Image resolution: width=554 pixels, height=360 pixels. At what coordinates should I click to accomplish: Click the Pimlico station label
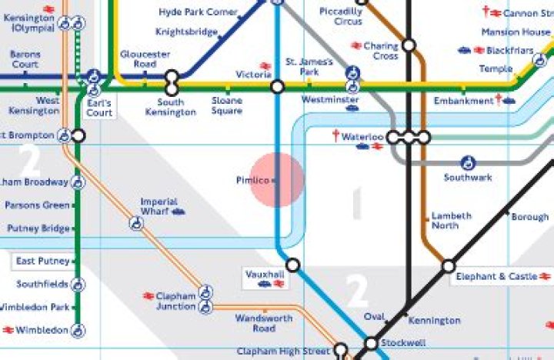252,181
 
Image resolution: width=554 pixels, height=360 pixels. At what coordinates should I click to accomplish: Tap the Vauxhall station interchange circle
292,265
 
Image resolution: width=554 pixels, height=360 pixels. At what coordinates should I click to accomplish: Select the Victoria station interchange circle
278,88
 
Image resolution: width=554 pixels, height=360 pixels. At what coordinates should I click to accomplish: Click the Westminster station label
330,100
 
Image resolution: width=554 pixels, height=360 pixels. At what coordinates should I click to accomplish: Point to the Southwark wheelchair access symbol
468,163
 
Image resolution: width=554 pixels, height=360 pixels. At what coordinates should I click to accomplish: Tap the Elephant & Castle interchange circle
448,267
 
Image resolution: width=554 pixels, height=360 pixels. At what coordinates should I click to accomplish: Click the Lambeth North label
445,221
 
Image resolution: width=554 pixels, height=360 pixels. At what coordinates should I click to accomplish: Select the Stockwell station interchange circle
371,343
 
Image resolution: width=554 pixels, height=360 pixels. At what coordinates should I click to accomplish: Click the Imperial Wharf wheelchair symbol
136,223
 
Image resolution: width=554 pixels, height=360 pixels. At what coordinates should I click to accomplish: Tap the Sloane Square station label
227,105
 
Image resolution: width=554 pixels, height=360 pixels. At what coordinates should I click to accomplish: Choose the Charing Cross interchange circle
409,45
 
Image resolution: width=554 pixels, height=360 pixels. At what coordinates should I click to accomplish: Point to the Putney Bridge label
38,228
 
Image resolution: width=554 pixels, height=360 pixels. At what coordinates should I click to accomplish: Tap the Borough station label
530,217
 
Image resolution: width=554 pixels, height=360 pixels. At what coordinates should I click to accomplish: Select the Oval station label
374,317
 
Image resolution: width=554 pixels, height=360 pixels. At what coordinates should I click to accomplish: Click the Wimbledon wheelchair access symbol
78,332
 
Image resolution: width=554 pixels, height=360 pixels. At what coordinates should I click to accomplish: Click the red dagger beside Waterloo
335,136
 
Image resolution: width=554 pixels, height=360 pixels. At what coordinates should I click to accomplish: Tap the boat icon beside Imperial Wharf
179,211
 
